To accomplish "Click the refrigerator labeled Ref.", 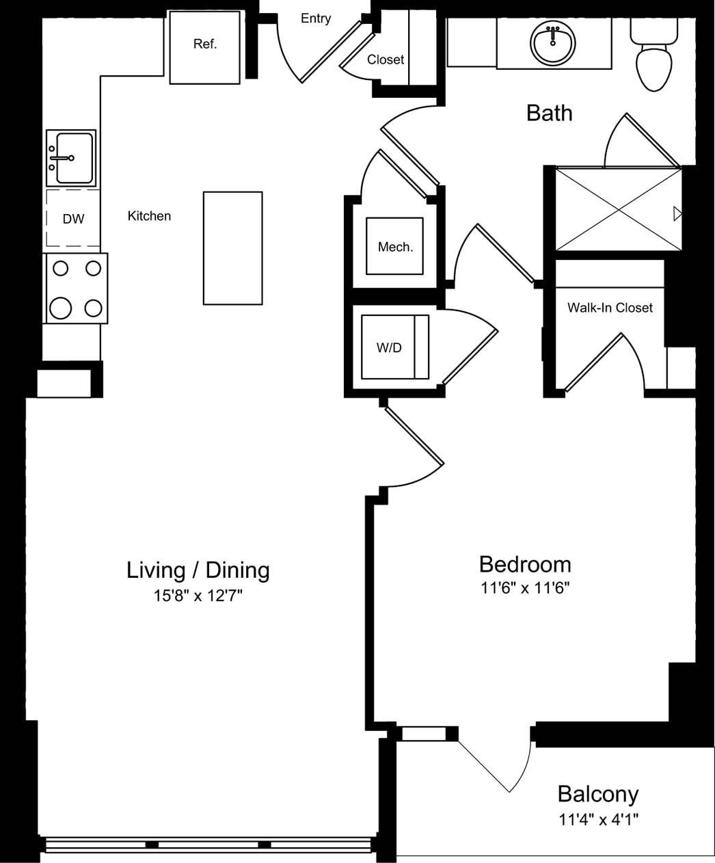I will pos(204,47).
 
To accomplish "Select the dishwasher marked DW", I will pos(73,219).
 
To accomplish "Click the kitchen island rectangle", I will pos(232,248).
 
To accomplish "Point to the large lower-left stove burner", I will pos(61,308).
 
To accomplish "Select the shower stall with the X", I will pos(618,209).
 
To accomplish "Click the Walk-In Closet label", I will pos(610,308).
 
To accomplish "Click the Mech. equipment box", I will pos(394,246).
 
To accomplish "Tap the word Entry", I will pos(316,18).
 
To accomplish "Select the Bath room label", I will pos(549,113).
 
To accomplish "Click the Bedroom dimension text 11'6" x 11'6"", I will pos(525,587).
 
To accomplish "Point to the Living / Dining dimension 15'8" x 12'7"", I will pos(198,596).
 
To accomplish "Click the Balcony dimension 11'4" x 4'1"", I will pos(598,819).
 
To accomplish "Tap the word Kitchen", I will pos(149,216).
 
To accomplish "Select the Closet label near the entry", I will pos(385,59).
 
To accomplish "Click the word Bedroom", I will pos(525,564).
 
